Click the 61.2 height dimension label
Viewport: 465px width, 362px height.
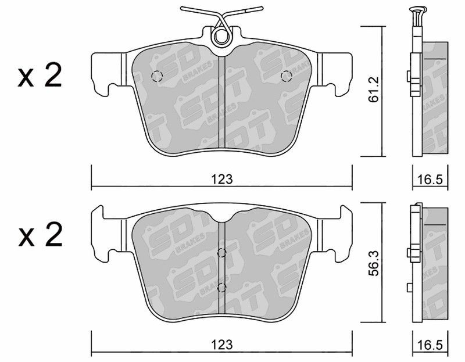tap(373, 89)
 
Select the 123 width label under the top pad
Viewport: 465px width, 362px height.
tap(222, 179)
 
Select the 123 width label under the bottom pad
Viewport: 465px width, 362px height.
tap(222, 345)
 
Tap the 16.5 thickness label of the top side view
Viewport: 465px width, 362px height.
tap(430, 180)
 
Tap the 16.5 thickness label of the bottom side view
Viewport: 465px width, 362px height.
tap(430, 345)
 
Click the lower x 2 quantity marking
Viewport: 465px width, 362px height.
tap(40, 235)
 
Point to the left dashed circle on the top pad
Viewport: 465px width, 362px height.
tap(157, 77)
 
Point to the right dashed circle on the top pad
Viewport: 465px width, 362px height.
tap(287, 76)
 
